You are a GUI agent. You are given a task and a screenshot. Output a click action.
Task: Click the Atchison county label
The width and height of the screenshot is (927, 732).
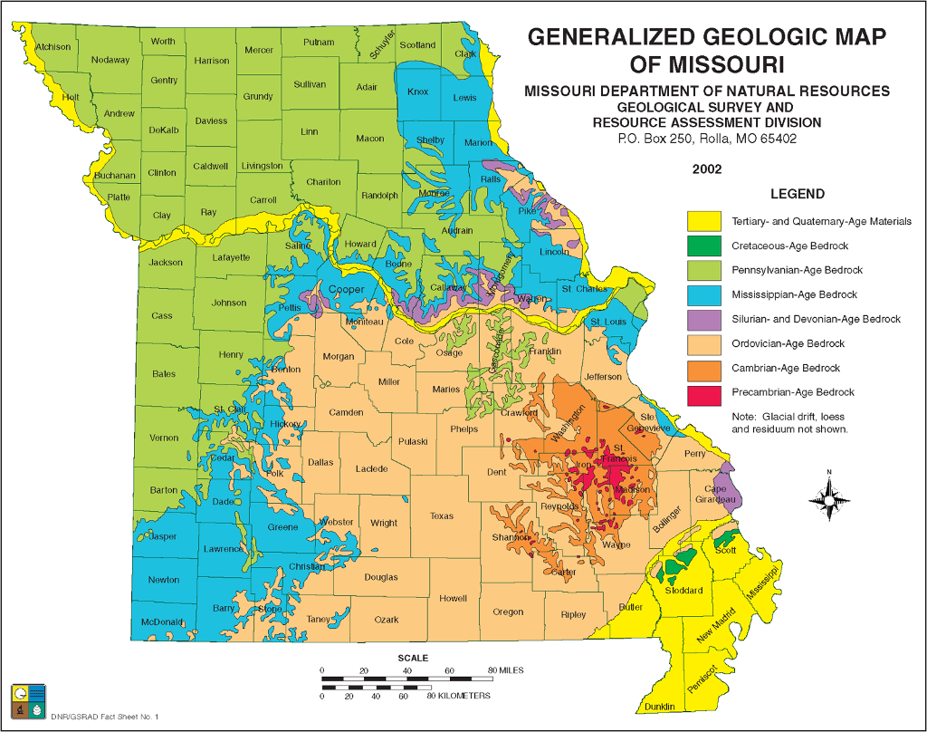click(x=53, y=46)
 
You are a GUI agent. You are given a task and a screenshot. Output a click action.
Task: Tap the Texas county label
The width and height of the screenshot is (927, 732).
click(x=442, y=516)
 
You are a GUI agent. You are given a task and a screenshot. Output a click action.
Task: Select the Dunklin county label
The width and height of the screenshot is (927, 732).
click(x=660, y=707)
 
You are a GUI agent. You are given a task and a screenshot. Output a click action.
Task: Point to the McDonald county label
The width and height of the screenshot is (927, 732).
click(x=162, y=621)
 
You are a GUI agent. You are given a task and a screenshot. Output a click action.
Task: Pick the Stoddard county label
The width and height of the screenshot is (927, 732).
click(x=683, y=591)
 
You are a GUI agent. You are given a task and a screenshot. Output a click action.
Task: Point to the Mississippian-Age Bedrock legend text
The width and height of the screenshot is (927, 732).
click(x=794, y=295)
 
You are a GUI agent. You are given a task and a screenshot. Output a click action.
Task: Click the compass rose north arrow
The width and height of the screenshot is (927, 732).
click(x=827, y=496)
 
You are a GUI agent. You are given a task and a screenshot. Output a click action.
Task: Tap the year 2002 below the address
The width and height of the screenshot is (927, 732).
click(x=707, y=169)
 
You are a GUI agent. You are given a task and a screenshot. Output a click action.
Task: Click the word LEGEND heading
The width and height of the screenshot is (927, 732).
click(x=797, y=194)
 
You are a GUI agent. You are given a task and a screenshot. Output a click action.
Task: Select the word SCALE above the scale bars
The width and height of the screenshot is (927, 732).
click(x=413, y=658)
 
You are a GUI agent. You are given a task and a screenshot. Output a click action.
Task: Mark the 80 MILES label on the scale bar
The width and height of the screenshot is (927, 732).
click(x=506, y=670)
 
